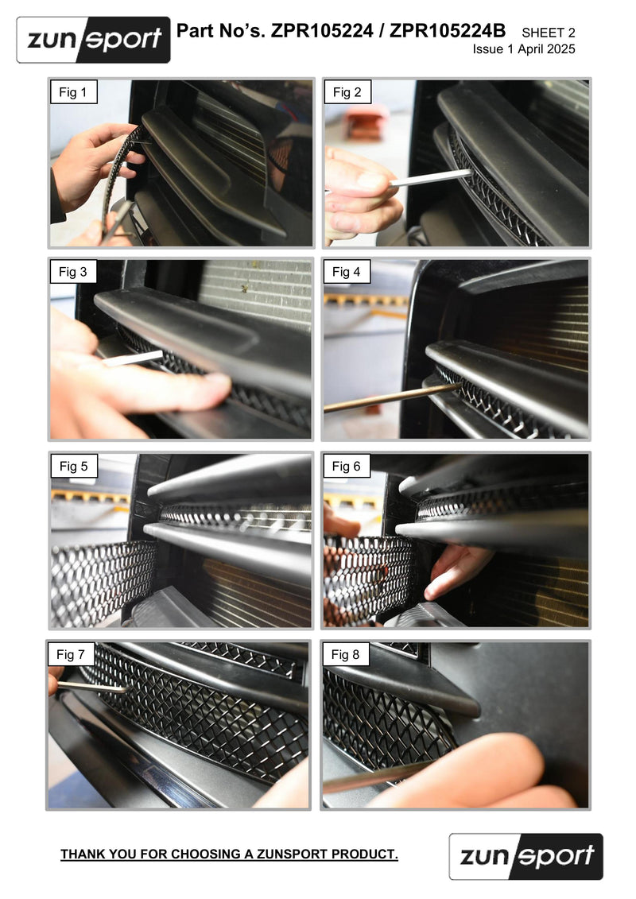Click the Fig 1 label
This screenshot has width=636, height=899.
(73, 93)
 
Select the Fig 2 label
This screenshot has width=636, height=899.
(347, 93)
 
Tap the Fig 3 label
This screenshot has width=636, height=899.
(73, 273)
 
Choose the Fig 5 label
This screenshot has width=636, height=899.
(73, 467)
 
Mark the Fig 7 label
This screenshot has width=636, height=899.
(71, 655)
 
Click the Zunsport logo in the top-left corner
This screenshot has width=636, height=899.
(93, 39)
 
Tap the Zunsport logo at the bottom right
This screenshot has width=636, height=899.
(525, 856)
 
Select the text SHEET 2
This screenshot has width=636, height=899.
(548, 33)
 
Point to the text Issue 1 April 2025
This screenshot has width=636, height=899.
(524, 49)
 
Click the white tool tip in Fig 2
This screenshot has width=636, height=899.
(433, 177)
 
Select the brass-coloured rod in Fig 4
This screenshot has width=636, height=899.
(390, 397)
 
